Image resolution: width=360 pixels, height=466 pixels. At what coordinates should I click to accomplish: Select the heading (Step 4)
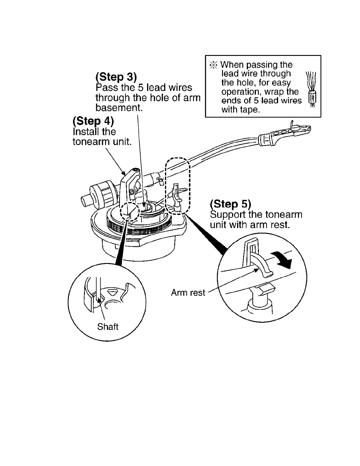click(93, 121)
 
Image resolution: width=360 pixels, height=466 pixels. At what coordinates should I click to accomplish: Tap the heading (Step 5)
click(231, 204)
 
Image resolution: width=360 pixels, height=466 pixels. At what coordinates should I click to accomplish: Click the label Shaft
click(108, 327)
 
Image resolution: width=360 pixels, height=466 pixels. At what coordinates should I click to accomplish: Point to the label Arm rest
click(188, 293)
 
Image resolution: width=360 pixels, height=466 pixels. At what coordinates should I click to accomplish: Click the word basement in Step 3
click(119, 108)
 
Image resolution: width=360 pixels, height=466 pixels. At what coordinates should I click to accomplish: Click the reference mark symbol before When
click(214, 65)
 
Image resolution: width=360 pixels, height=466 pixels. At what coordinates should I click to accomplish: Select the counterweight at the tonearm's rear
click(99, 194)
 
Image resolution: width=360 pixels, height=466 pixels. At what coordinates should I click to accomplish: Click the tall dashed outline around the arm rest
click(178, 186)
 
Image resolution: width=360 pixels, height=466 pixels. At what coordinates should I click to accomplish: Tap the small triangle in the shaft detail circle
click(113, 292)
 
